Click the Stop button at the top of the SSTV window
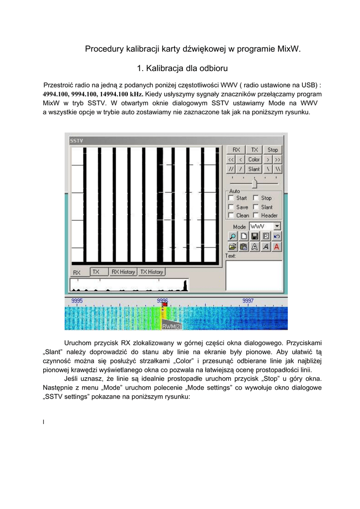[273, 150]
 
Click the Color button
[254, 160]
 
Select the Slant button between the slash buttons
[254, 169]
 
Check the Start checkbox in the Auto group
[231, 198]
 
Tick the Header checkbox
[256, 215]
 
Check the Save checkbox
[231, 207]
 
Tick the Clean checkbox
[231, 215]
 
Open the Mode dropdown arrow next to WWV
[277, 226]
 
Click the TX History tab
[152, 272]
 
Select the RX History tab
[123, 272]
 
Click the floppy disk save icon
[255, 236]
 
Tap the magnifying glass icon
[232, 236]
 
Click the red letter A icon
[276, 246]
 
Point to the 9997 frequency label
[248, 301]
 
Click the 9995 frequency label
[77, 301]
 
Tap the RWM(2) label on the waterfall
[172, 326]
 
